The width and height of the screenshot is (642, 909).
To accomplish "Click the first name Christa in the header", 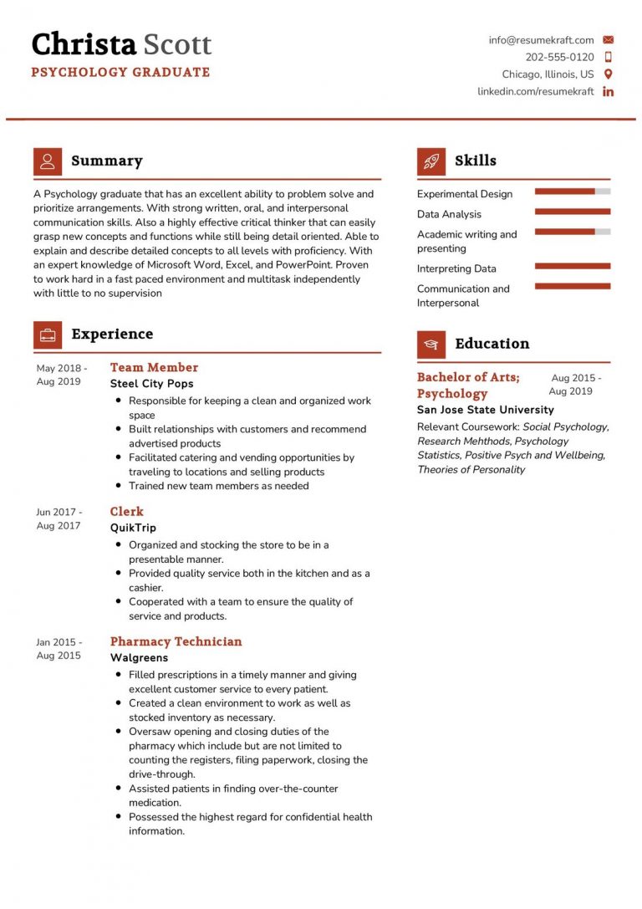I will click(84, 43).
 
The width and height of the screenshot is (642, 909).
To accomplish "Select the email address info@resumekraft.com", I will click(541, 39).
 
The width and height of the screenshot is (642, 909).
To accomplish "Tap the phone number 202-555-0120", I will click(559, 57).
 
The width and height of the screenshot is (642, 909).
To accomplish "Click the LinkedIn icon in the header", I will click(608, 91).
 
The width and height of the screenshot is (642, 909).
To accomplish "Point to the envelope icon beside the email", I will click(608, 39).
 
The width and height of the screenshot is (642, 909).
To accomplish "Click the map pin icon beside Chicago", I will click(608, 74).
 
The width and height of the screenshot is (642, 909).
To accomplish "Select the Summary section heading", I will click(106, 161).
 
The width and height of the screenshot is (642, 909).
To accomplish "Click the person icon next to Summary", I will click(48, 161).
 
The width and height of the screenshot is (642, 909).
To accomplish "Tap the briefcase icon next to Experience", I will click(48, 334).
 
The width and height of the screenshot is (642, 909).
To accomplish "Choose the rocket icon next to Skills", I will click(431, 161).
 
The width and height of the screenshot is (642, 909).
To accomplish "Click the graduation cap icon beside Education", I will click(431, 344).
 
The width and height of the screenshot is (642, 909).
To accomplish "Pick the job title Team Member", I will click(154, 367).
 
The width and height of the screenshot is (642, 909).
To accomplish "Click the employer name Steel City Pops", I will click(151, 384).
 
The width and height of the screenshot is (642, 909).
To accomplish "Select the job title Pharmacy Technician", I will click(176, 641).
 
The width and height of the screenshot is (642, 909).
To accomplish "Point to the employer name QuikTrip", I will click(133, 528).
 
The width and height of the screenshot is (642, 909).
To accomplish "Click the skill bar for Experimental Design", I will click(572, 192).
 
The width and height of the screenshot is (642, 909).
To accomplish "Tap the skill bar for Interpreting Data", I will click(572, 266).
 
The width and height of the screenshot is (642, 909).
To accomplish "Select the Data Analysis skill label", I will click(449, 214).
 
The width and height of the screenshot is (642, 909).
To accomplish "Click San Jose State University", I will click(485, 410).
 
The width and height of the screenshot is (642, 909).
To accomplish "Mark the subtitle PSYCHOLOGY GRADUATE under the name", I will click(120, 72).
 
